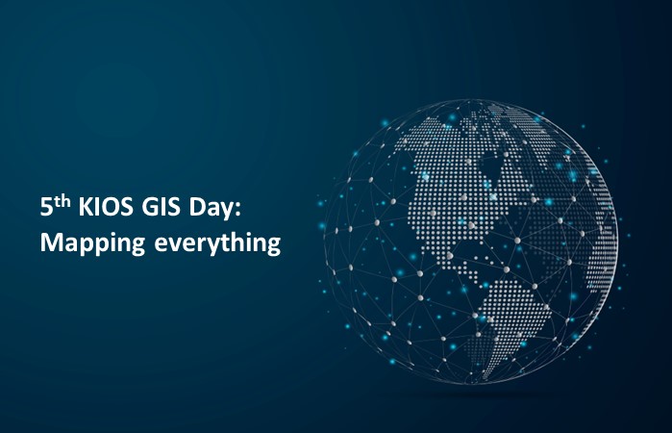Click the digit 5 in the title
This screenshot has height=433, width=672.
pos(46,208)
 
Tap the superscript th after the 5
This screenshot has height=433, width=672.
pos(62,203)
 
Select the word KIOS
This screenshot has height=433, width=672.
pos(106,208)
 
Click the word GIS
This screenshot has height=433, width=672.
pos(161,208)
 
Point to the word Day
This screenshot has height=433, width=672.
pos(209,210)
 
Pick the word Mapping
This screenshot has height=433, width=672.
pos(92,243)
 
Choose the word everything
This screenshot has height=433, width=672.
pos(217,243)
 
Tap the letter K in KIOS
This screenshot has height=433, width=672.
pos(86,208)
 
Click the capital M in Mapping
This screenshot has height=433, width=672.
pos(50,242)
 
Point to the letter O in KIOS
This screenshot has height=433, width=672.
pos(111,208)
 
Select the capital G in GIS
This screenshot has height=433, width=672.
pos(149,208)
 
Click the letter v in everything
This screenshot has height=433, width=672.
pos(174,244)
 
